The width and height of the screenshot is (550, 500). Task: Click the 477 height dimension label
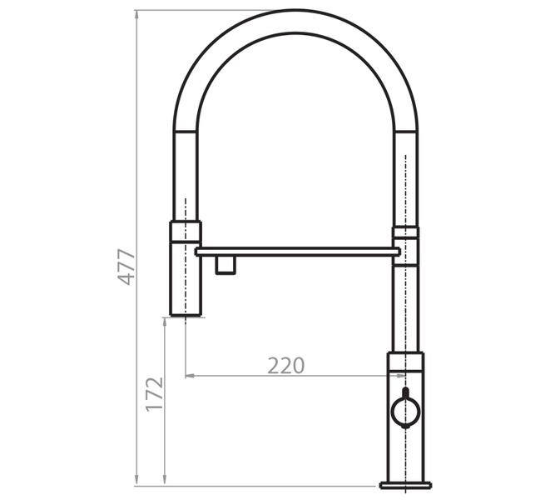pyautogui.click(x=126, y=267)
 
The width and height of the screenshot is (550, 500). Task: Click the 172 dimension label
pyautogui.click(x=154, y=394)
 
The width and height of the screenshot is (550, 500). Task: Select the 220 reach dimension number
pyautogui.click(x=286, y=366)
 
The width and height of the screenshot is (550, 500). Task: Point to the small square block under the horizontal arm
pyautogui.click(x=225, y=264)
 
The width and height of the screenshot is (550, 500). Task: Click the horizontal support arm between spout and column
pyautogui.click(x=298, y=252)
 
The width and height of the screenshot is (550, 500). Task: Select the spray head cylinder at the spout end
pyautogui.click(x=186, y=278)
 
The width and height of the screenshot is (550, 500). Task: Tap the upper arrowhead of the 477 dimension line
pyautogui.click(x=136, y=14)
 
